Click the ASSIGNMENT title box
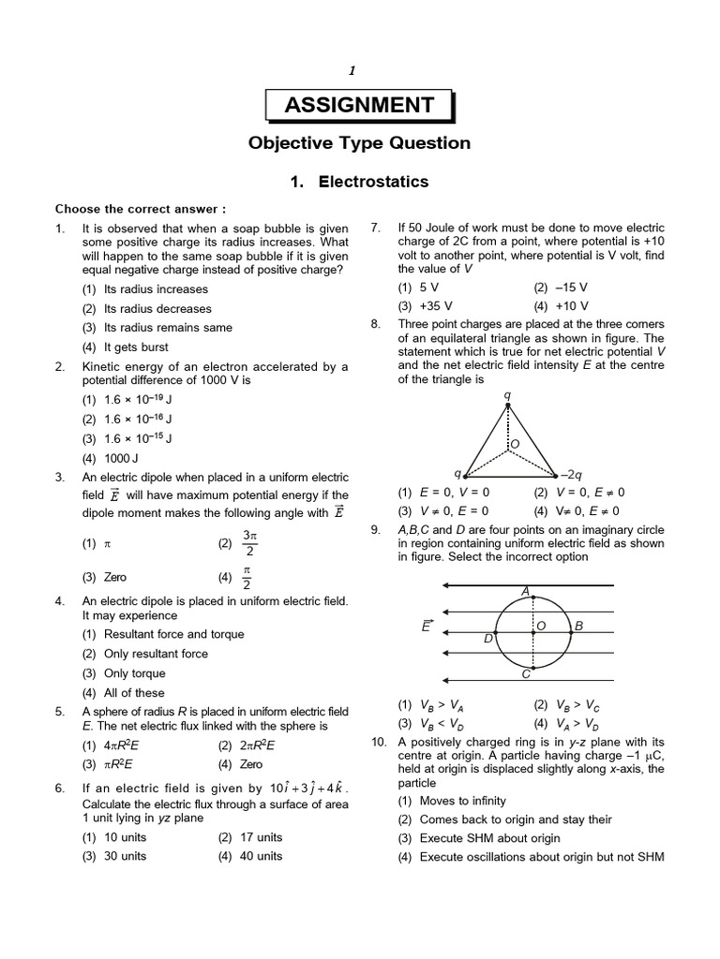click(x=359, y=105)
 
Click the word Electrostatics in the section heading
click(x=373, y=182)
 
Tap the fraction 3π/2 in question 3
click(x=248, y=542)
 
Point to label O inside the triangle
click(x=513, y=443)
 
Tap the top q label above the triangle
click(x=507, y=395)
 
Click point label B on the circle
click(x=578, y=626)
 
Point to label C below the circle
click(x=526, y=673)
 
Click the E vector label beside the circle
click(x=428, y=625)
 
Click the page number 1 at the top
click(x=352, y=70)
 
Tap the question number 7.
click(x=376, y=228)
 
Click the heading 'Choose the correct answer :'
click(x=141, y=209)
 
